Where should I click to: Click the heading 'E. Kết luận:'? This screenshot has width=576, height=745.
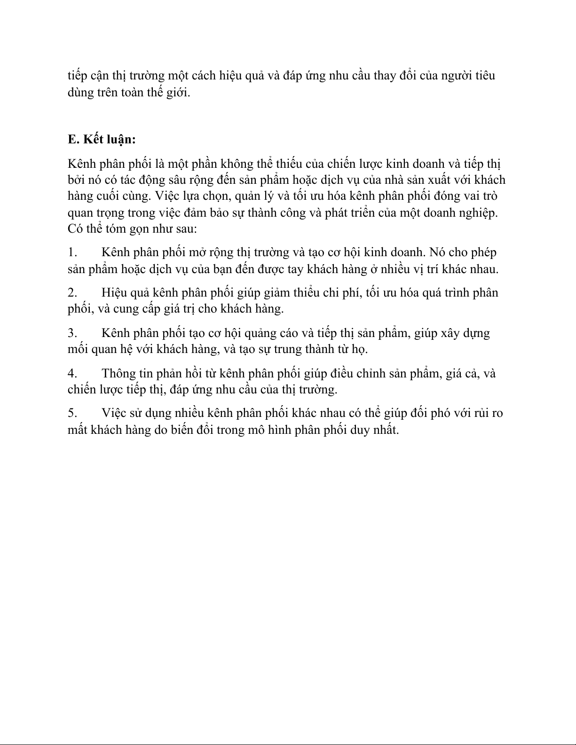pos(102,140)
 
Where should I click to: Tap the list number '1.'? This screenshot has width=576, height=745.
pos(72,252)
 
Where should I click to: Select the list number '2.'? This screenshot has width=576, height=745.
pos(72,293)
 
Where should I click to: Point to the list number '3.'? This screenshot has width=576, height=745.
pos(72,333)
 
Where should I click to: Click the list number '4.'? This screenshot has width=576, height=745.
pos(72,374)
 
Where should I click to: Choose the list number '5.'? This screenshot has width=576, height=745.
pos(72,413)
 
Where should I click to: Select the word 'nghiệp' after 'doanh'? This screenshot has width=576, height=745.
pos(479,213)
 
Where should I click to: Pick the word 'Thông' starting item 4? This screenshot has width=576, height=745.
pos(118,374)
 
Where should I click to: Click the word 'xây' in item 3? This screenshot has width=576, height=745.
pos(449,333)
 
